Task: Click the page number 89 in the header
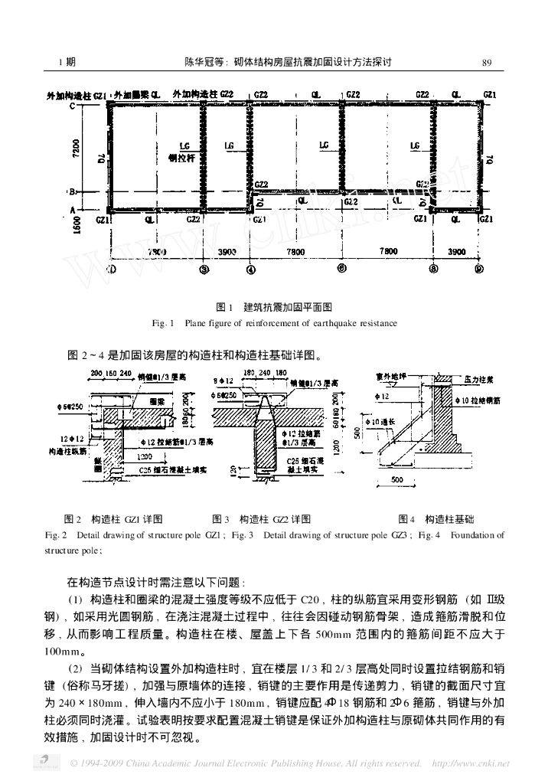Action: [x=486, y=62]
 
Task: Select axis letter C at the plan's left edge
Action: [x=73, y=106]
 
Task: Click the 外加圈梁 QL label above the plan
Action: [x=137, y=94]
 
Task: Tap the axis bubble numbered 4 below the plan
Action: [x=250, y=269]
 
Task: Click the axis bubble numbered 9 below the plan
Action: [x=479, y=269]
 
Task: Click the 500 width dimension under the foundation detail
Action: [x=398, y=480]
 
